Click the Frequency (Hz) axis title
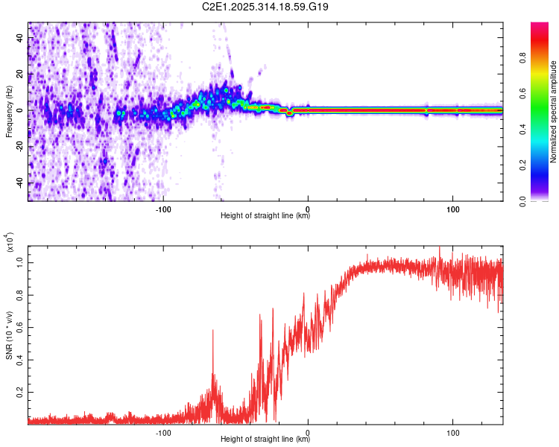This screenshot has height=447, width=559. (10, 111)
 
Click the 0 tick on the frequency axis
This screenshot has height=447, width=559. (21, 111)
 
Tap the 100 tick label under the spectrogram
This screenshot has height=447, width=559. (453, 208)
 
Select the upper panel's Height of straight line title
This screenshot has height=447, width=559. (265, 216)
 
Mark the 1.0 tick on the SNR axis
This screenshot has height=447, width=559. (19, 261)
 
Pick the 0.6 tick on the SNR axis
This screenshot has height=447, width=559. (19, 326)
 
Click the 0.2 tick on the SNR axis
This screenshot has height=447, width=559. (19, 390)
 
